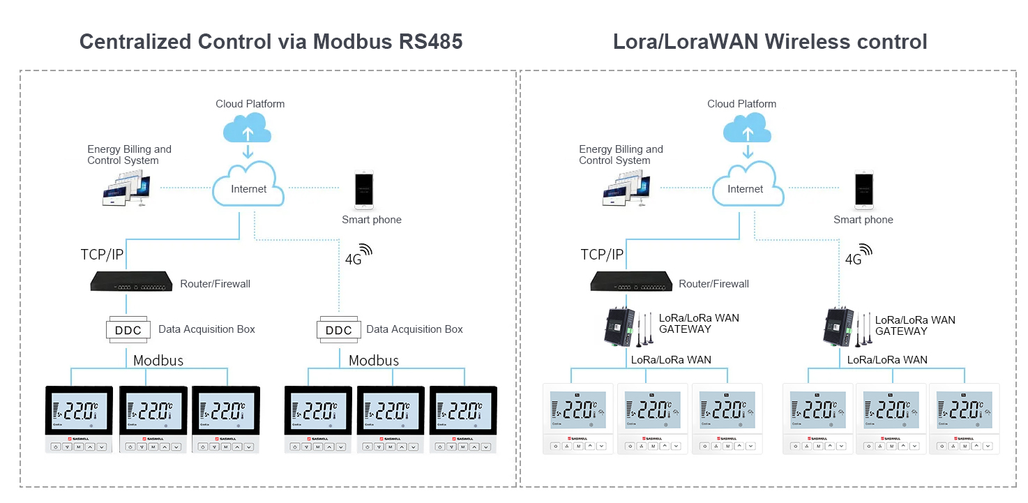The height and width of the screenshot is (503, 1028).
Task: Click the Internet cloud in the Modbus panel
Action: (x=248, y=188)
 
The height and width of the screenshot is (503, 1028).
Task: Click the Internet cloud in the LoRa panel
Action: (x=745, y=188)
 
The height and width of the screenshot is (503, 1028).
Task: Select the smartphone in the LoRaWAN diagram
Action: (x=864, y=190)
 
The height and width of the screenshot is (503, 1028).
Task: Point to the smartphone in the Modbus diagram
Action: (x=363, y=190)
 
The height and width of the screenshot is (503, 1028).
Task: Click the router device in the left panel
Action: (x=131, y=282)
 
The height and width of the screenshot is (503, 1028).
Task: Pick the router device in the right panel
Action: (x=630, y=282)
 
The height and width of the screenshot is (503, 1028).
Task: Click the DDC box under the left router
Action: (x=128, y=329)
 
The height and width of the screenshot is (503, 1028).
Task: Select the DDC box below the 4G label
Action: (x=339, y=329)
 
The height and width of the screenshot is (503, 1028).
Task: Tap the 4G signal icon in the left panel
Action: (x=365, y=250)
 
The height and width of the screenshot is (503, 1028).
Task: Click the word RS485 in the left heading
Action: (x=430, y=42)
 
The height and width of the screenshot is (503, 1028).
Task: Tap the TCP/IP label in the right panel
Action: (x=602, y=255)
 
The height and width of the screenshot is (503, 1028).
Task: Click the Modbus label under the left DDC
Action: (x=158, y=361)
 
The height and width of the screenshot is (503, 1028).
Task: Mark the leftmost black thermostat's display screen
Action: (x=78, y=411)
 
